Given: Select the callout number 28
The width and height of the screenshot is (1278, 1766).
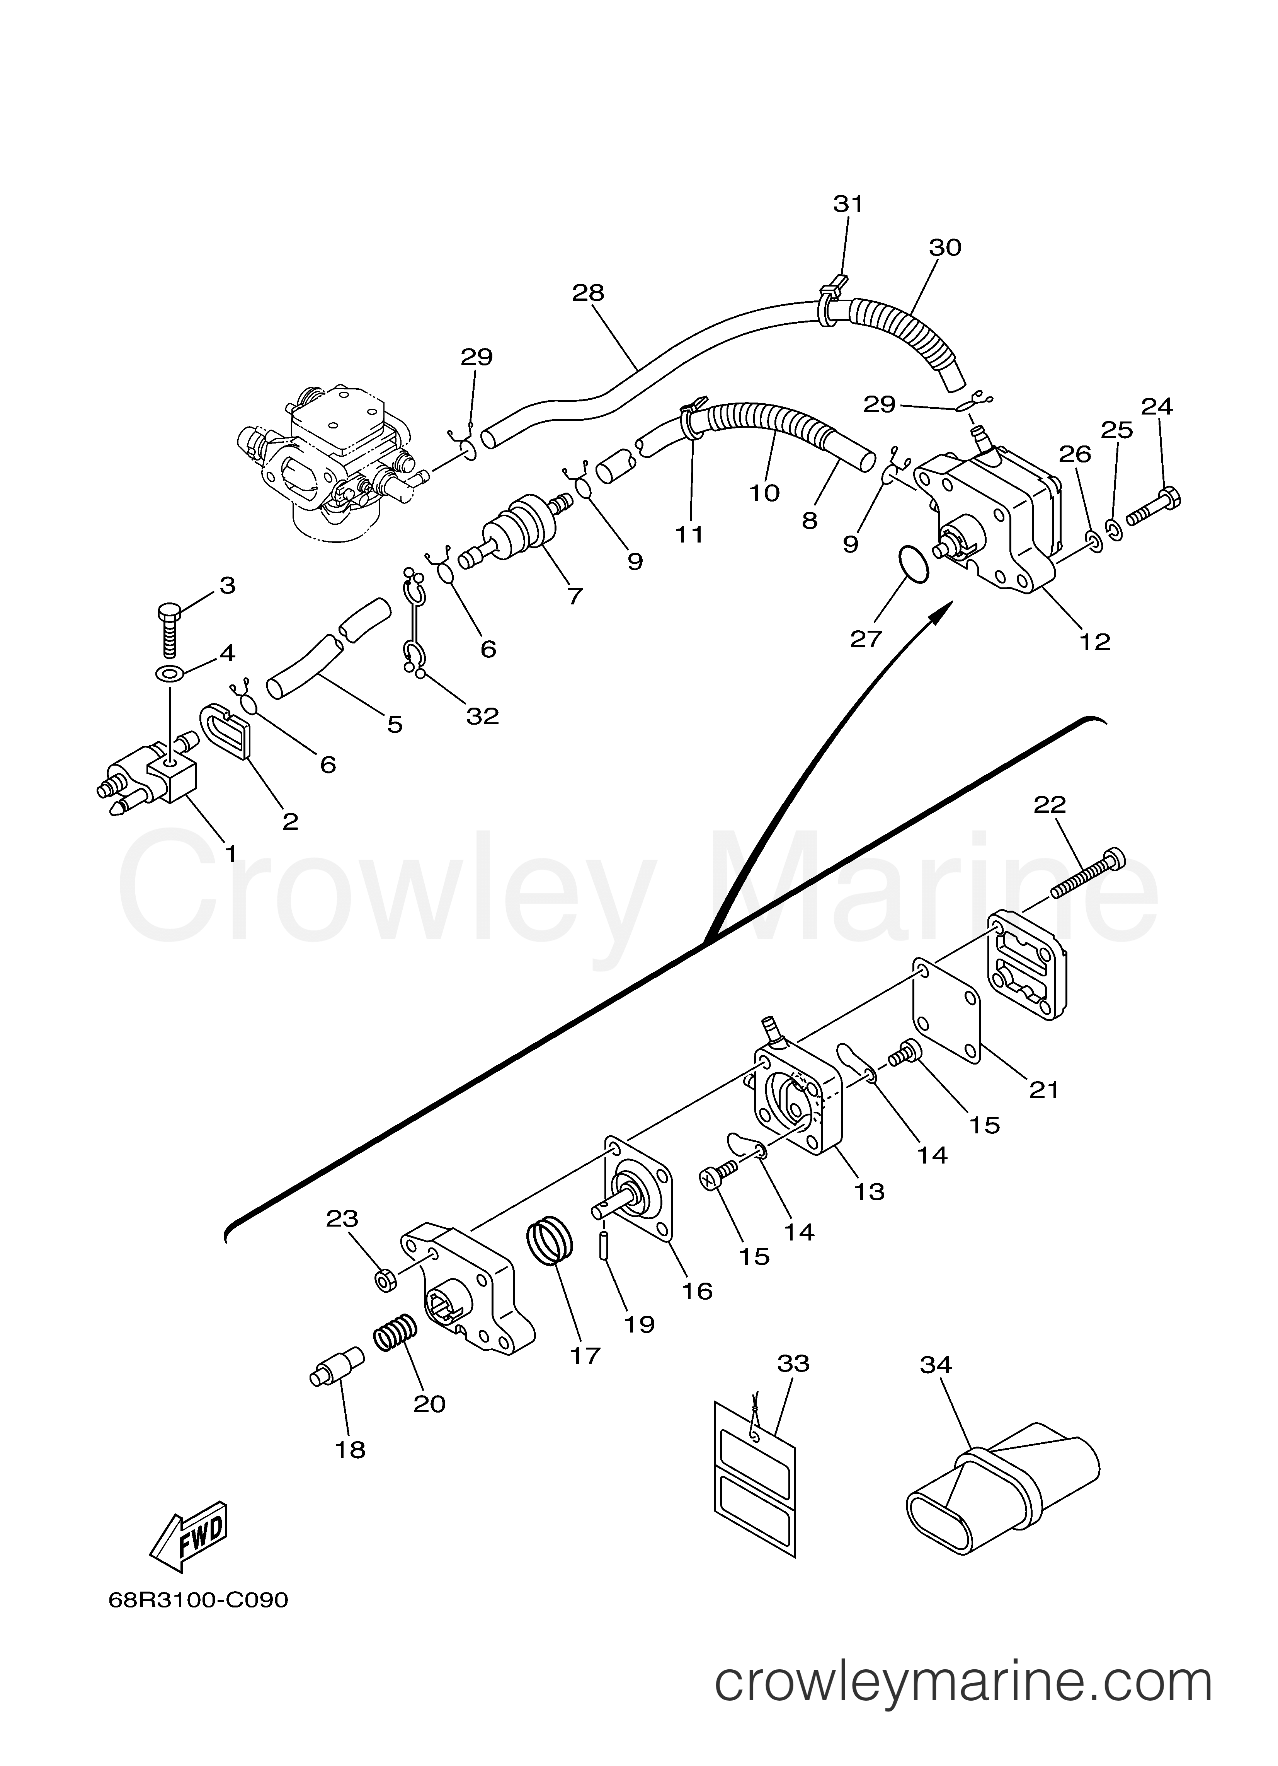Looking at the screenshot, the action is (589, 293).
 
